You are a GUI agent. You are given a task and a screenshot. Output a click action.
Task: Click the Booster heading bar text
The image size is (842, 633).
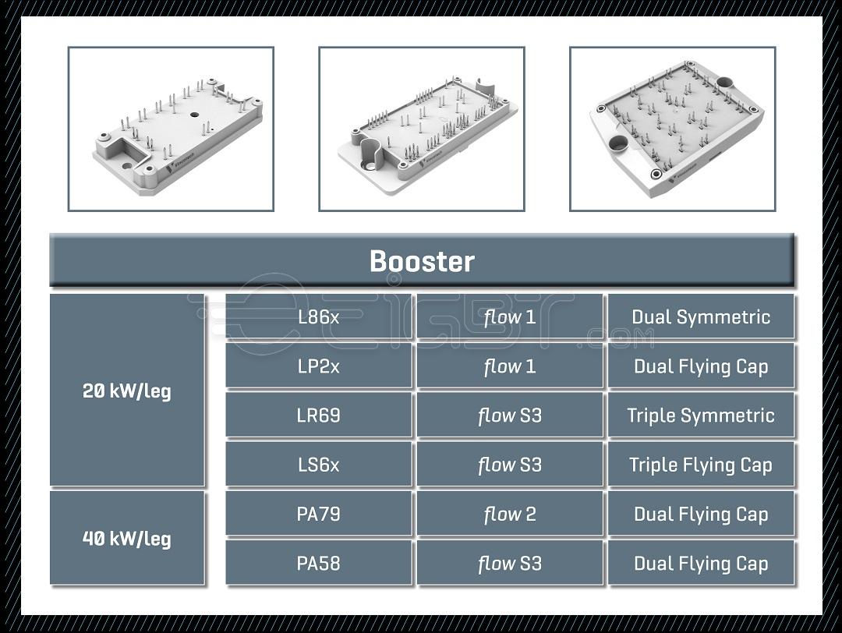pyautogui.click(x=421, y=261)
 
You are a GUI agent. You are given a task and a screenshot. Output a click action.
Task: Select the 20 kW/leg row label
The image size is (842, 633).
pyautogui.click(x=126, y=391)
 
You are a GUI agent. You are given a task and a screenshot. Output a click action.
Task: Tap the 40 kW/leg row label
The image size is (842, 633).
pyautogui.click(x=126, y=538)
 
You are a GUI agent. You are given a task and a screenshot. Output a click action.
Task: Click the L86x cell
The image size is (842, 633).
pyautogui.click(x=318, y=317)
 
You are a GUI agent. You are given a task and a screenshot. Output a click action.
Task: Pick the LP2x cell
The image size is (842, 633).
pyautogui.click(x=318, y=366)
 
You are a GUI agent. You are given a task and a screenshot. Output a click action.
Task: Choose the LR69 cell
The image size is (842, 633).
pyautogui.click(x=318, y=416)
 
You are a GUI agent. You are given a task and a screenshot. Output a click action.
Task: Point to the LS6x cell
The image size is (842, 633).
pyautogui.click(x=318, y=465)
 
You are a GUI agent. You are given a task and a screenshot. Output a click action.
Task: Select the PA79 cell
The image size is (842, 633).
pyautogui.click(x=318, y=514)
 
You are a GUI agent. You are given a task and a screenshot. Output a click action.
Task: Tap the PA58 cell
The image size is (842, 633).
pyautogui.click(x=318, y=563)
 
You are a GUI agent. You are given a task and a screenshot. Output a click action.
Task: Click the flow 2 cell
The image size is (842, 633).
pyautogui.click(x=510, y=514)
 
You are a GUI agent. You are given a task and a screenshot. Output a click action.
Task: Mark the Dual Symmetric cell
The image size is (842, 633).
pyautogui.click(x=701, y=317)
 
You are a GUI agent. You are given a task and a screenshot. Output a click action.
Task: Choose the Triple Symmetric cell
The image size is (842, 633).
pyautogui.click(x=701, y=416)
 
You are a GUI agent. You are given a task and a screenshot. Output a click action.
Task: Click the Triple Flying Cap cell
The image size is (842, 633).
pyautogui.click(x=701, y=465)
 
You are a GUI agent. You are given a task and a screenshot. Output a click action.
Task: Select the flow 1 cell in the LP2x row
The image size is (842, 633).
pyautogui.click(x=510, y=366)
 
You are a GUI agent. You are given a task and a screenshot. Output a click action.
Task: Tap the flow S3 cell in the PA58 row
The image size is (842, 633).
pyautogui.click(x=510, y=563)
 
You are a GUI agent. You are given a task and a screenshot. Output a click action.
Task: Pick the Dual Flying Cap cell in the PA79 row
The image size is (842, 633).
pyautogui.click(x=701, y=514)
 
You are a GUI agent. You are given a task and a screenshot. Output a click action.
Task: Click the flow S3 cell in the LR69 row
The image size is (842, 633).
pyautogui.click(x=510, y=416)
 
